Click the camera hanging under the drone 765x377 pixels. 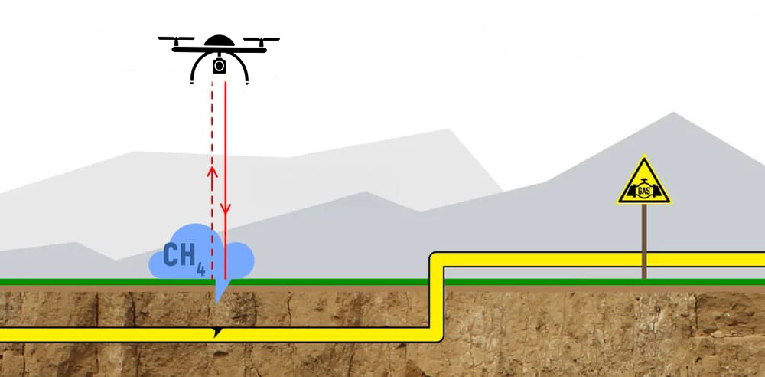(x=219, y=65)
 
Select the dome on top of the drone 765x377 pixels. (x=219, y=41)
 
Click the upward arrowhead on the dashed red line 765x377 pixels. (x=213, y=170)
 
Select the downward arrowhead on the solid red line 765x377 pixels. (x=226, y=208)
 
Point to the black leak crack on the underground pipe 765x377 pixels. (x=219, y=331)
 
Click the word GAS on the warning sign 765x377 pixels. (x=644, y=190)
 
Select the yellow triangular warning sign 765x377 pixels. (x=644, y=185)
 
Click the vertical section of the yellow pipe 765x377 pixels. (x=437, y=299)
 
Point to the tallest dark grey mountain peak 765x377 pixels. (x=674, y=114)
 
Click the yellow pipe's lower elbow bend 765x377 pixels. (x=435, y=333)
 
